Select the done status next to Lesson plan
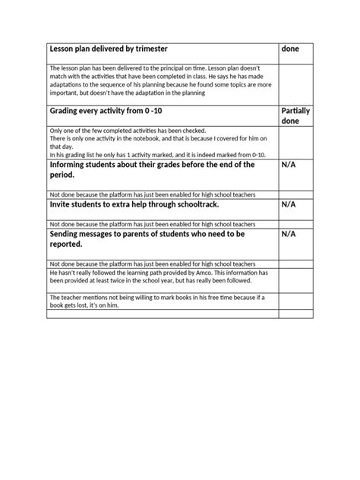click(x=290, y=49)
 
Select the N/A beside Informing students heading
click(x=289, y=164)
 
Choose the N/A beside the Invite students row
click(x=289, y=204)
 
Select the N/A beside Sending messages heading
click(x=289, y=235)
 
